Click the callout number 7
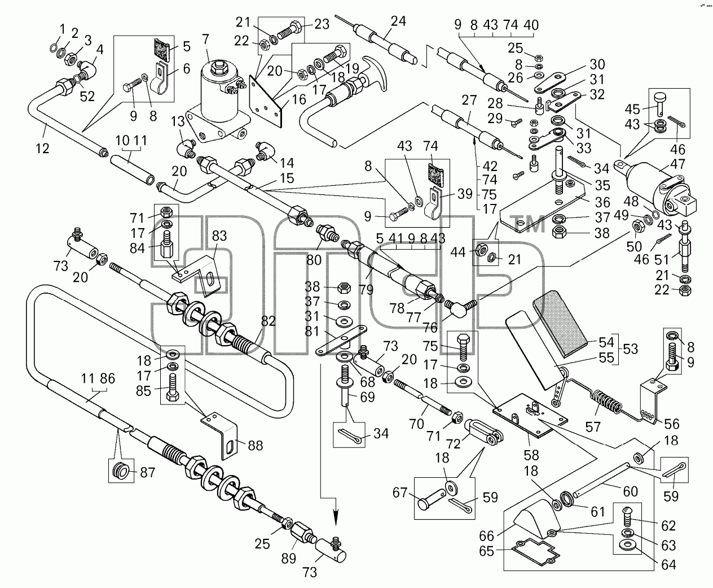click(205, 40)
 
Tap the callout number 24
click(398, 21)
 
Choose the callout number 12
click(43, 148)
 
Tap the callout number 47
click(677, 164)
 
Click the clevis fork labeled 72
click(484, 432)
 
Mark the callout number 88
click(255, 445)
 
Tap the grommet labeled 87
click(121, 473)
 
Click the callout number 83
click(219, 236)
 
